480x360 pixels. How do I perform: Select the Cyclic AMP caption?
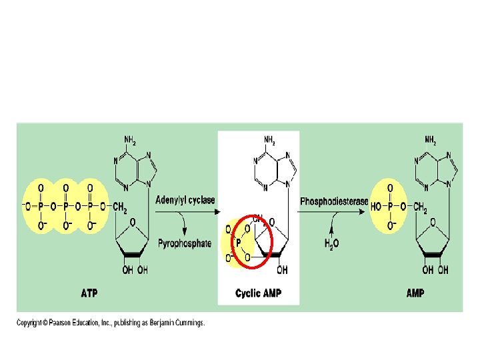pos(258,293)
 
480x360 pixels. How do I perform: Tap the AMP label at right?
pos(415,293)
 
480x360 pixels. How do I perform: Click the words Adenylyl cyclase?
pos(185,199)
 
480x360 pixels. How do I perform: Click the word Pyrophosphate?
pos(185,243)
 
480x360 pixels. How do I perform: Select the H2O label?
pos(331,244)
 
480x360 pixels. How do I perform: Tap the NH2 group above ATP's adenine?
pos(131,141)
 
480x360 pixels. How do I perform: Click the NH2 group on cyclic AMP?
pos(270,141)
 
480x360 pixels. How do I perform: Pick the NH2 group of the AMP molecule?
pos(431,141)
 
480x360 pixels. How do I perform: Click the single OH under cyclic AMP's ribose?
pos(282,270)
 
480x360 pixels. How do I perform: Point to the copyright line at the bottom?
pos(111,323)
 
